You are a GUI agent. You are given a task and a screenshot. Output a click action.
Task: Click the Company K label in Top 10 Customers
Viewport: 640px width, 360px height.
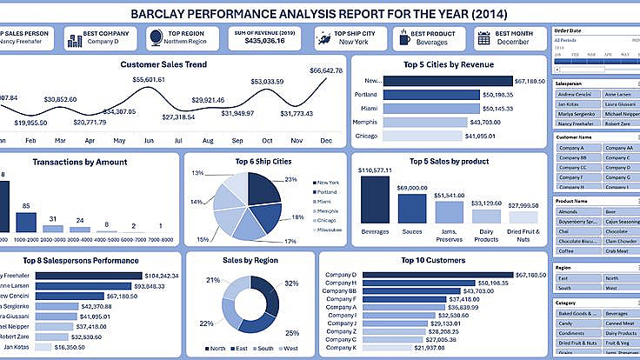pyautogui.click(x=340, y=348)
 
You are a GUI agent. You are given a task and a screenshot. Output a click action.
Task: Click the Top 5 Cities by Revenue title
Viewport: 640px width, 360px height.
pyautogui.click(x=449, y=65)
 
